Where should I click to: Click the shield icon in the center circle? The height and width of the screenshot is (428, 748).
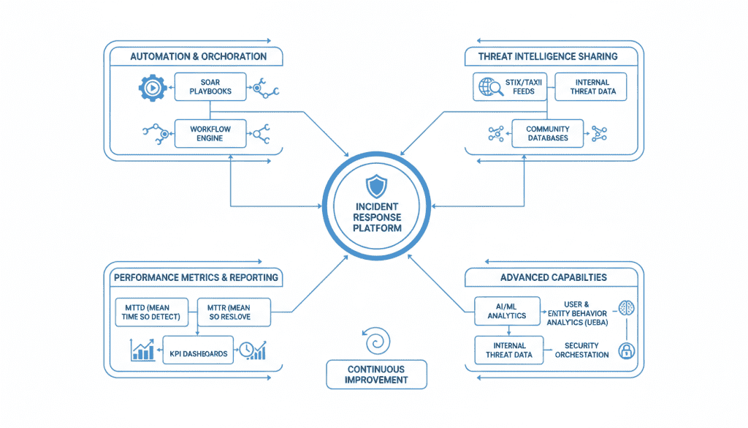coord(374,187)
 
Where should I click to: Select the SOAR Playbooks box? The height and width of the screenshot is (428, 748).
coord(210,86)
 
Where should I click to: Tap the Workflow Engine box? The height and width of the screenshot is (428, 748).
coord(210,134)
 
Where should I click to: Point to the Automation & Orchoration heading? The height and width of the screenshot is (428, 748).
coord(198,56)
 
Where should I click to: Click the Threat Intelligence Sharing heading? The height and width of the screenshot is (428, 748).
coord(548,56)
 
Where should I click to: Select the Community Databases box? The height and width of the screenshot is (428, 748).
coord(547,133)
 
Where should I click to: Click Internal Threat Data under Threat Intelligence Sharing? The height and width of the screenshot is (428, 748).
coord(591,86)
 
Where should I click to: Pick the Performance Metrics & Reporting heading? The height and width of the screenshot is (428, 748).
coord(196,277)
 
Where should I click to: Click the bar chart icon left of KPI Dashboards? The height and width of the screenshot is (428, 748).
coord(142,350)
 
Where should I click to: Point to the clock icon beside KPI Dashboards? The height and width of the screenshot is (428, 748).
coord(251,350)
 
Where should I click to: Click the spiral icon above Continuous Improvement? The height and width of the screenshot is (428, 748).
coord(376,340)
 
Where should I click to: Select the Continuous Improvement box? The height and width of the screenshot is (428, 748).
coord(376,375)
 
